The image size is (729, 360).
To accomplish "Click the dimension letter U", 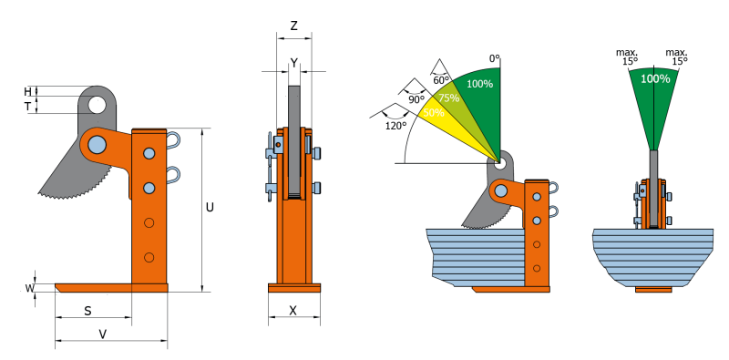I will [x=210, y=208].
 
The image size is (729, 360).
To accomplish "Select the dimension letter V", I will [x=102, y=334].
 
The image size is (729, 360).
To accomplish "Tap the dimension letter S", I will [x=87, y=311].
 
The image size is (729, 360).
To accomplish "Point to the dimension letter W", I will [x=29, y=289].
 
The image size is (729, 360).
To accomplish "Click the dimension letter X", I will [x=293, y=310].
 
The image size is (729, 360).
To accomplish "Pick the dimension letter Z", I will [x=293, y=26].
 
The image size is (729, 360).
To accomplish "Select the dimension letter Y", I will [x=293, y=62].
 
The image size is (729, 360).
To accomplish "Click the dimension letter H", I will [x=28, y=91].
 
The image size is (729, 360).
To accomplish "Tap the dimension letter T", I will [x=28, y=107].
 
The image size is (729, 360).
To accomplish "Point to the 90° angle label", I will [x=416, y=98].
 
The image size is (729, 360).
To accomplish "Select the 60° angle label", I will [x=441, y=79].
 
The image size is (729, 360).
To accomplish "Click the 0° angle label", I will [x=495, y=58].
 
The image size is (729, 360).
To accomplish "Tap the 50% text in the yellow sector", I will [x=434, y=113].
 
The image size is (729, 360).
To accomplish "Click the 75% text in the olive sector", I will [x=449, y=98].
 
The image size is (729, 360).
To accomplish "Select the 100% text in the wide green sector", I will [x=479, y=84].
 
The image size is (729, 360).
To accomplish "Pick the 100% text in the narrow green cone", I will [x=655, y=79].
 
